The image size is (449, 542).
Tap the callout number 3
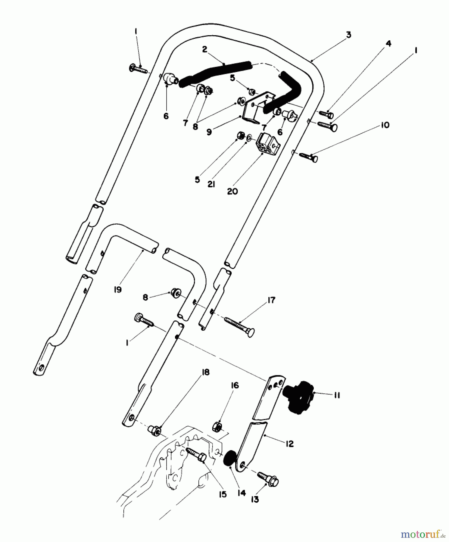(348, 35)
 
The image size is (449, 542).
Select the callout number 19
(117, 289)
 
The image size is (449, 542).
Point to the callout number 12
(289, 444)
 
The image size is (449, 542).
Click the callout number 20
(232, 192)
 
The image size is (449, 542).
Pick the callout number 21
(211, 184)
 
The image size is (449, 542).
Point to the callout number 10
(385, 125)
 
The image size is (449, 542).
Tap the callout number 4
(388, 44)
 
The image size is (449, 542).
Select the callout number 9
(209, 132)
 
